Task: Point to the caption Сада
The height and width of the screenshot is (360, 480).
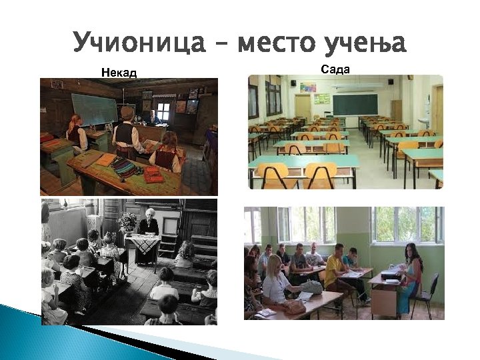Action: pyautogui.click(x=335, y=69)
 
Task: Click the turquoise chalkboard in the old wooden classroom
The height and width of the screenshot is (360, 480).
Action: pyautogui.click(x=94, y=109)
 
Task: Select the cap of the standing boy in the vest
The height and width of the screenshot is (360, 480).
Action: pyautogui.click(x=127, y=109)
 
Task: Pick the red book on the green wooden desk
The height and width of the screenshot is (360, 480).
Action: pyautogui.click(x=153, y=175)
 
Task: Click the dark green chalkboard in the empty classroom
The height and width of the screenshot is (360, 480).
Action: pyautogui.click(x=355, y=104)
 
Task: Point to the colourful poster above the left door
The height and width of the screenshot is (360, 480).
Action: pyautogui.click(x=307, y=87)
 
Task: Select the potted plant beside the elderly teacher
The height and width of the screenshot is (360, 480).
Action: pyautogui.click(x=126, y=221)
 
